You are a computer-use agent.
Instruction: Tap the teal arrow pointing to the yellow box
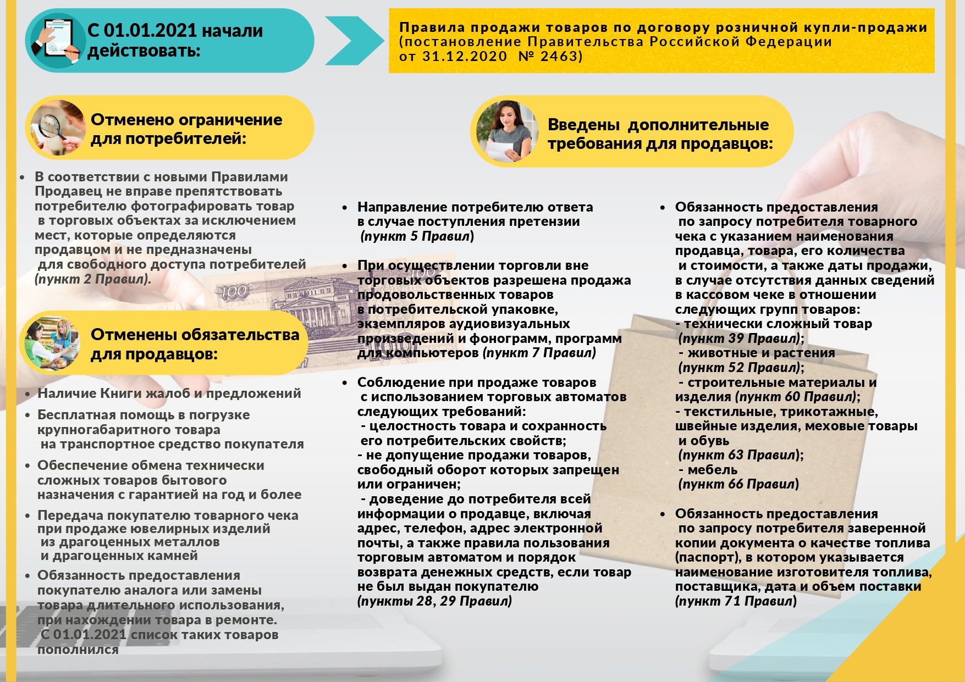click(352, 40)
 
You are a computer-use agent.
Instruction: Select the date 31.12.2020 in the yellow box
click(465, 57)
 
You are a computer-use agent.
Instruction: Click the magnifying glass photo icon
click(58, 127)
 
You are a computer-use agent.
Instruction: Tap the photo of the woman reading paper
click(506, 131)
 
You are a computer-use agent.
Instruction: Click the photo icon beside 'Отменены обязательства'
click(51, 343)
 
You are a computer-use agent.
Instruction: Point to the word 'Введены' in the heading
click(584, 125)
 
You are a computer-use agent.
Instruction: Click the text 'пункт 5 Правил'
click(417, 236)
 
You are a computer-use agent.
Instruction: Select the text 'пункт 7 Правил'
click(539, 353)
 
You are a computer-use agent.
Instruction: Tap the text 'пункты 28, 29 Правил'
click(435, 601)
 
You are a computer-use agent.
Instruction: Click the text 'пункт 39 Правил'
click(739, 339)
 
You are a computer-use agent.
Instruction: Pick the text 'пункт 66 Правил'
click(739, 484)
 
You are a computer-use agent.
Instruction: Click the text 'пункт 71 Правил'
click(736, 601)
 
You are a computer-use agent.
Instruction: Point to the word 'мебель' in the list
click(713, 470)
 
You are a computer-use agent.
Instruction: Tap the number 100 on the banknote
click(234, 292)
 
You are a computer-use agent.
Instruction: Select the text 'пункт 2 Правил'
click(92, 279)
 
